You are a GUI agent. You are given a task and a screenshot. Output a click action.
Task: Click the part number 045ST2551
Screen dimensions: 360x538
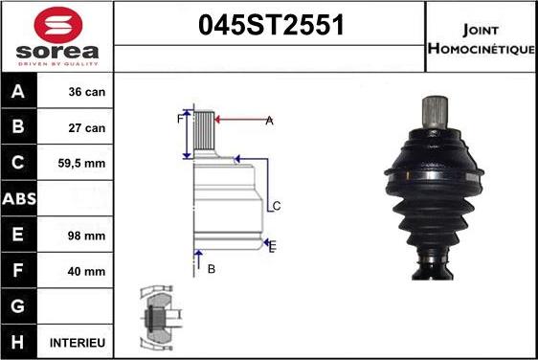click(x=270, y=27)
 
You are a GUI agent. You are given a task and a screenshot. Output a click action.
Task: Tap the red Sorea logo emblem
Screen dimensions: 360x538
click(x=56, y=25)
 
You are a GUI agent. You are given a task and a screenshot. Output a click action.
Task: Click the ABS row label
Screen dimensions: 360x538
click(x=20, y=199)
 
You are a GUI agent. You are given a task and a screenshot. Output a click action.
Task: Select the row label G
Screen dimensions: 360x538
click(x=20, y=306)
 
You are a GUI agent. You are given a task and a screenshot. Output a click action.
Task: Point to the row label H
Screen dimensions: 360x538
click(x=20, y=342)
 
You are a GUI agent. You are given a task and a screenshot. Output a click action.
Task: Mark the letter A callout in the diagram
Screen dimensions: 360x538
click(x=269, y=120)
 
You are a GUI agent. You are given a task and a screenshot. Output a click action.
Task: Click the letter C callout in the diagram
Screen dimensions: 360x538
click(x=276, y=206)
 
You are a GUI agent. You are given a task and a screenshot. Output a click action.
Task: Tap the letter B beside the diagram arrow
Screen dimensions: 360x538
click(x=211, y=269)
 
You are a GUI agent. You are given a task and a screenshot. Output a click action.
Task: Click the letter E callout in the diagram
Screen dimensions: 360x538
click(x=273, y=247)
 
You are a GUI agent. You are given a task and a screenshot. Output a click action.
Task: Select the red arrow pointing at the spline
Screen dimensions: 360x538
click(x=241, y=120)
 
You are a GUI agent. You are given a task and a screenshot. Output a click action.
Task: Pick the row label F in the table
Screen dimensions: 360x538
click(x=20, y=271)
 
